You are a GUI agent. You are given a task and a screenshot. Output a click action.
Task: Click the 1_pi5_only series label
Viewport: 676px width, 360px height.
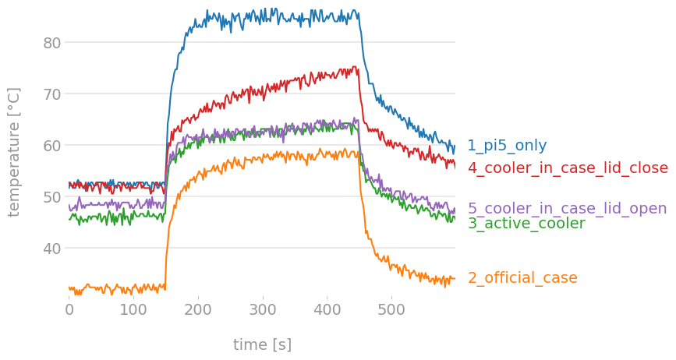pyautogui.click(x=507, y=146)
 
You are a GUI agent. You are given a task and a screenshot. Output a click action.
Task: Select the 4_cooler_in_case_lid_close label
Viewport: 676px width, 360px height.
pyautogui.click(x=568, y=168)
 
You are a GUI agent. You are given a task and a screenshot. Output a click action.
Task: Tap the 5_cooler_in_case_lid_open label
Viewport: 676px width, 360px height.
pyautogui.click(x=567, y=208)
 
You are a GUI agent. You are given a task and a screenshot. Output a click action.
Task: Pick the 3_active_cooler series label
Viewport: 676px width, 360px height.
pyautogui.click(x=526, y=224)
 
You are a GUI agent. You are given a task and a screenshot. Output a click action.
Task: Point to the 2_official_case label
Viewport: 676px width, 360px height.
pyautogui.click(x=522, y=278)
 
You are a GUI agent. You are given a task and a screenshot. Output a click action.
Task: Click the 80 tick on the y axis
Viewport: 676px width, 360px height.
pyautogui.click(x=51, y=42)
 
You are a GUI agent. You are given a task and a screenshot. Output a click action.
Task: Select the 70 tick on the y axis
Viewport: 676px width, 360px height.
pyautogui.click(x=51, y=94)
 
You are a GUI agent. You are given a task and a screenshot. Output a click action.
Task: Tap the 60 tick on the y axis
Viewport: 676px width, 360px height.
pyautogui.click(x=51, y=145)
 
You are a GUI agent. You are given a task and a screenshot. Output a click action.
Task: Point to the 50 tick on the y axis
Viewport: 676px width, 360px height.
pyautogui.click(x=51, y=196)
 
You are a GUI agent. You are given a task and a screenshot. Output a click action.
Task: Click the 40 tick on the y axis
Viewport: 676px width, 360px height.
pyautogui.click(x=51, y=248)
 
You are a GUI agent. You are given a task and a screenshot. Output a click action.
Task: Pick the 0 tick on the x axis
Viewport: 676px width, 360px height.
pyautogui.click(x=69, y=310)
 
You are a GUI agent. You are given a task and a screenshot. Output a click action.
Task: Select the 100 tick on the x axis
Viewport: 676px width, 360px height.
pyautogui.click(x=133, y=310)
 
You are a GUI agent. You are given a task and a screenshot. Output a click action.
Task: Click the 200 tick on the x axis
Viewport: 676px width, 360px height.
pyautogui.click(x=198, y=310)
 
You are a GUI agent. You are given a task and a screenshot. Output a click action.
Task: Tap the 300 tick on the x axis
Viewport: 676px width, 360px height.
pyautogui.click(x=263, y=310)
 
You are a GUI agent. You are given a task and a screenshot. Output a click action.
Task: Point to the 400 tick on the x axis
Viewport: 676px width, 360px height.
pyautogui.click(x=327, y=310)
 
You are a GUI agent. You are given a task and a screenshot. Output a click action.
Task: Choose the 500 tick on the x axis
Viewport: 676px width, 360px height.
pyautogui.click(x=391, y=310)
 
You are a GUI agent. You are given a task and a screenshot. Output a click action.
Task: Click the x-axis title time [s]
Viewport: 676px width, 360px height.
pyautogui.click(x=262, y=344)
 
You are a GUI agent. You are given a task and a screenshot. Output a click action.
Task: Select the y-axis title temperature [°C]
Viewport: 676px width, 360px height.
pyautogui.click(x=14, y=151)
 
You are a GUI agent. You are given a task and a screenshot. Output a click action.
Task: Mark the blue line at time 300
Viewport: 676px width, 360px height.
pyautogui.click(x=263, y=13)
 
